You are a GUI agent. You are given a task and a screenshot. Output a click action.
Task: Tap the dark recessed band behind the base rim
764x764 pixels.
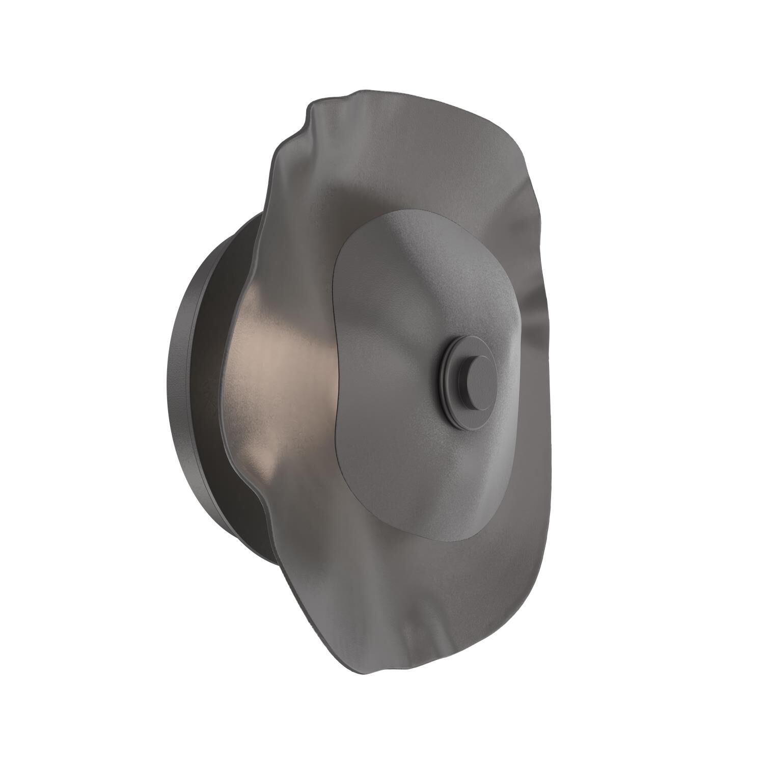coord(214,357)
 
